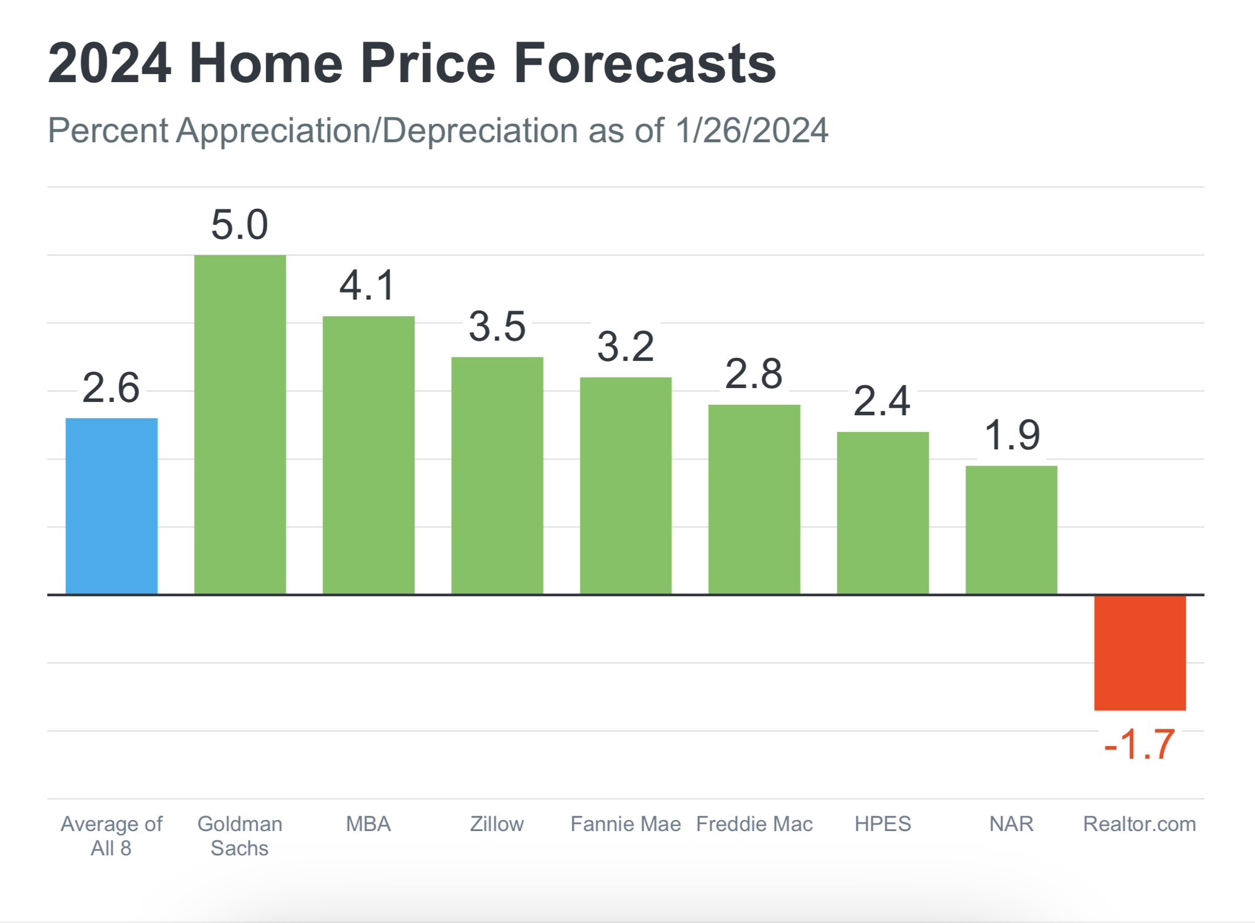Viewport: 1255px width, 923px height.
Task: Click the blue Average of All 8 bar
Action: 112,506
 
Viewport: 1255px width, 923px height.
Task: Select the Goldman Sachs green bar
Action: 240,424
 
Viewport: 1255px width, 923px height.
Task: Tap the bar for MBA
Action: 368,455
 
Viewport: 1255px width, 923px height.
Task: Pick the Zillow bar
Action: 497,476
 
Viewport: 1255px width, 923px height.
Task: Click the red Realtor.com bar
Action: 1140,653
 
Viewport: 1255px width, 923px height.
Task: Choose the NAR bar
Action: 1011,530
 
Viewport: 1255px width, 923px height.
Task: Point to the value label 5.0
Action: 240,224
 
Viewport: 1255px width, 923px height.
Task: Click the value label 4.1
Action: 368,286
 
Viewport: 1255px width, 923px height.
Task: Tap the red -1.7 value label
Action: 1139,744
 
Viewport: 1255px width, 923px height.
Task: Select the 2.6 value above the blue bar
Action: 111,388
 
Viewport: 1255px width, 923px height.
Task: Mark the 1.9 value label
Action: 1012,436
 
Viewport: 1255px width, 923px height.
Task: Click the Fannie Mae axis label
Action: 626,824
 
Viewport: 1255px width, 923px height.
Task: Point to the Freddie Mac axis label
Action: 754,824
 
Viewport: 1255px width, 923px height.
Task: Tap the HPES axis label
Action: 883,824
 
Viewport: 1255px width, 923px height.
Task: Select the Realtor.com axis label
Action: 1140,824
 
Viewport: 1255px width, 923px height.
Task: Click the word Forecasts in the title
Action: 645,63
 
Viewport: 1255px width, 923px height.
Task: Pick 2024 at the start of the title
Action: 110,63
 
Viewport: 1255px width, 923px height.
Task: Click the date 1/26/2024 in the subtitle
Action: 752,131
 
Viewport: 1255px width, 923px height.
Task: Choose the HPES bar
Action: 883,513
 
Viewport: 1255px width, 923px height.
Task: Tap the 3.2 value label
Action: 626,347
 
